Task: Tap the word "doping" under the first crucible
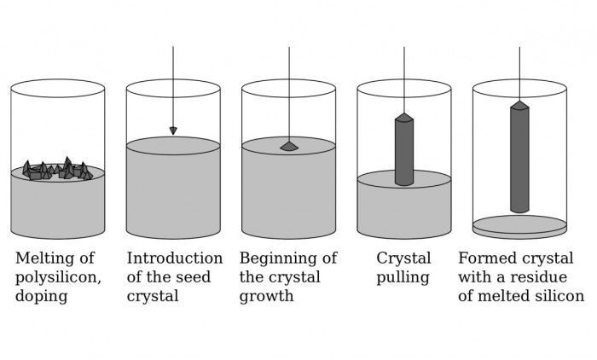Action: [x=41, y=296]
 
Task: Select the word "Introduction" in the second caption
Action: [x=175, y=258]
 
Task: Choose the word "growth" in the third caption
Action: [x=266, y=296]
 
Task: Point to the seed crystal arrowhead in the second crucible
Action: [x=173, y=131]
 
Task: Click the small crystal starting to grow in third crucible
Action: [x=289, y=147]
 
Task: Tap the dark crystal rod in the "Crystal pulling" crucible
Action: [x=404, y=152]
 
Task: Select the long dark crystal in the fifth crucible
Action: [x=519, y=158]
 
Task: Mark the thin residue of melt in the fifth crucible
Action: [x=519, y=226]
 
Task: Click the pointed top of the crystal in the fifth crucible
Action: [x=519, y=106]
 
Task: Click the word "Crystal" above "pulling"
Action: [x=403, y=258]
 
